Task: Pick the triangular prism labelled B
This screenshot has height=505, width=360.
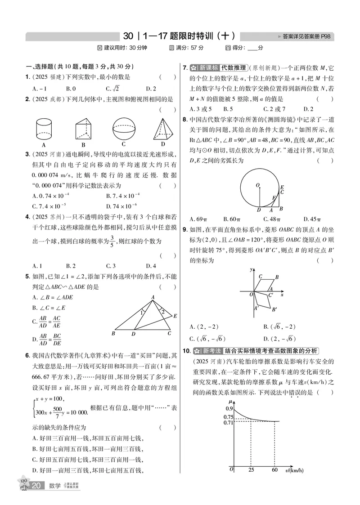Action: tap(84, 130)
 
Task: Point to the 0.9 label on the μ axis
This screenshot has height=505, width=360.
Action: tap(229, 408)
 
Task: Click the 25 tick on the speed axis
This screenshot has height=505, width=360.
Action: tap(251, 470)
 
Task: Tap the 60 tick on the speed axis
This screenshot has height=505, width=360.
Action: tap(274, 470)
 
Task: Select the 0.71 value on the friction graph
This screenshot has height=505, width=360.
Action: tap(228, 422)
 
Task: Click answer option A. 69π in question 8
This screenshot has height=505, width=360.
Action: tap(198, 219)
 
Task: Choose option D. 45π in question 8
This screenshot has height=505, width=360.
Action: tap(313, 219)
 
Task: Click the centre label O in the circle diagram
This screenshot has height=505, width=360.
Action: tap(257, 185)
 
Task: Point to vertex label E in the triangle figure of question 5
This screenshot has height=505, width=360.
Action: tap(175, 316)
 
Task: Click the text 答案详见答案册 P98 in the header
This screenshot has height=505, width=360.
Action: tap(307, 36)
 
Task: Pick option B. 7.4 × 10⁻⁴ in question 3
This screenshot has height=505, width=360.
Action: tap(123, 196)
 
